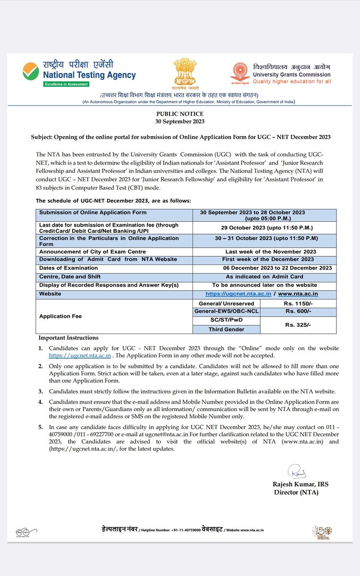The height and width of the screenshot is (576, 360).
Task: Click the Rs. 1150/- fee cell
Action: point(299,303)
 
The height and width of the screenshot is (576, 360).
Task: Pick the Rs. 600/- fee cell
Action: point(299,312)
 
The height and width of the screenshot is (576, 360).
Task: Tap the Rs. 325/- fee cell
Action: point(299,325)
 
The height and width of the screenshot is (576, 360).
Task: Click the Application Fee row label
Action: point(60,316)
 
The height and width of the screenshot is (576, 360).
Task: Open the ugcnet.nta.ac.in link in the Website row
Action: point(239,293)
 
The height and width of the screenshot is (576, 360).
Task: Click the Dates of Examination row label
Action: point(68,268)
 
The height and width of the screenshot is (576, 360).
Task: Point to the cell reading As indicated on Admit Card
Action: point(264,276)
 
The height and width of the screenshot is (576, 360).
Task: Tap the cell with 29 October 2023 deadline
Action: point(264,228)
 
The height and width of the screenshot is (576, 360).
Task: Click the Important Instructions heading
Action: point(68,338)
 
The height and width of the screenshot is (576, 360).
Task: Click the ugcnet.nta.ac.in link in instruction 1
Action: point(80,356)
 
